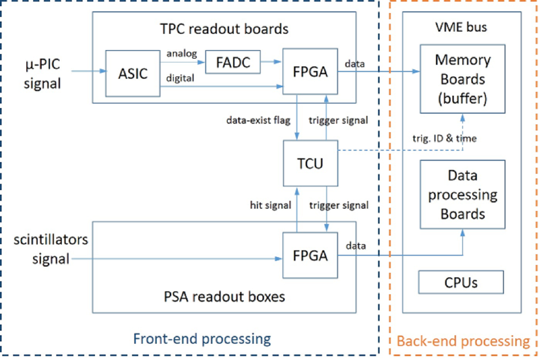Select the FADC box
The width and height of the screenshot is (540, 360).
click(x=232, y=63)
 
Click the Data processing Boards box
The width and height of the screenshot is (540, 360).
click(x=463, y=195)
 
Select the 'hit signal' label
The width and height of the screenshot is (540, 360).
click(x=267, y=205)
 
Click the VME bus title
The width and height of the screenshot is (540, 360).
click(x=463, y=28)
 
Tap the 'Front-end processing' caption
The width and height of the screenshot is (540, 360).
click(x=202, y=339)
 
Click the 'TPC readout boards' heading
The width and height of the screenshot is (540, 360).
click(x=224, y=29)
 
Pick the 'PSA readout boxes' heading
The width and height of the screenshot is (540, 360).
click(x=224, y=298)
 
